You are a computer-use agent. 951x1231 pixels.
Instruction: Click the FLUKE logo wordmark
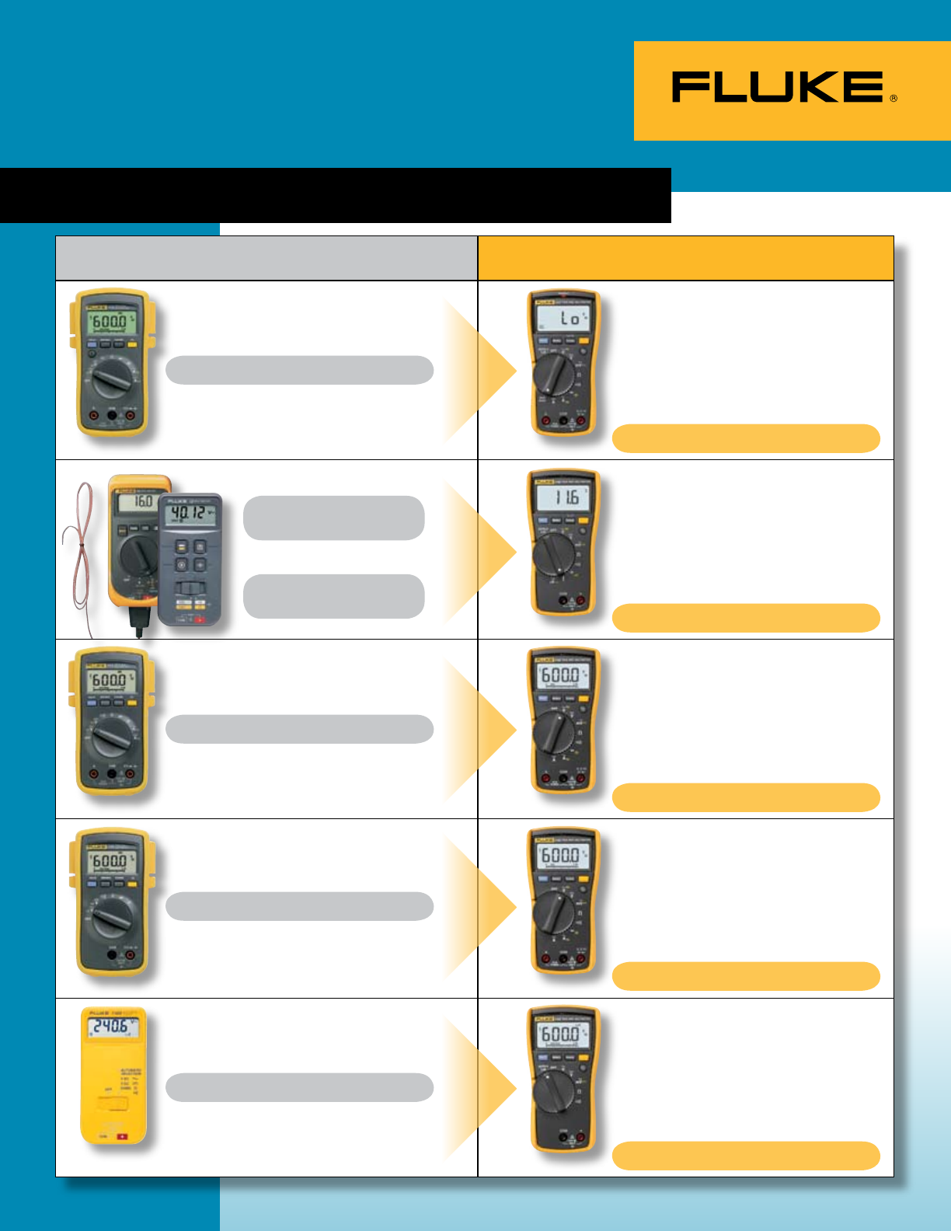pyautogui.click(x=778, y=87)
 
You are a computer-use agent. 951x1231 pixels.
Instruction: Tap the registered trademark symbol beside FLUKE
pyautogui.click(x=894, y=99)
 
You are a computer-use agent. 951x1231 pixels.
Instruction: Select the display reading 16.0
pyautogui.click(x=140, y=501)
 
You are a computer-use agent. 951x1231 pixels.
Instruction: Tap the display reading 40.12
pyautogui.click(x=190, y=514)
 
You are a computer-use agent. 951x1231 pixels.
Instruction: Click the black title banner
pyautogui.click(x=335, y=195)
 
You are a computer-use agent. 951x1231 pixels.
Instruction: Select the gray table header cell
pyautogui.click(x=266, y=258)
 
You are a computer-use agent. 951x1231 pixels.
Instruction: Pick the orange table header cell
pyautogui.click(x=685, y=258)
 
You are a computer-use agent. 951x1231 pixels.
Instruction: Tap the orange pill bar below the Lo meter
pyautogui.click(x=746, y=438)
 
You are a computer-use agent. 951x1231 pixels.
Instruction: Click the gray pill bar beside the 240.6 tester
pyautogui.click(x=299, y=1087)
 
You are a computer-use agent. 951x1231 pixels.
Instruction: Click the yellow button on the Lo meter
pyautogui.click(x=583, y=340)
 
